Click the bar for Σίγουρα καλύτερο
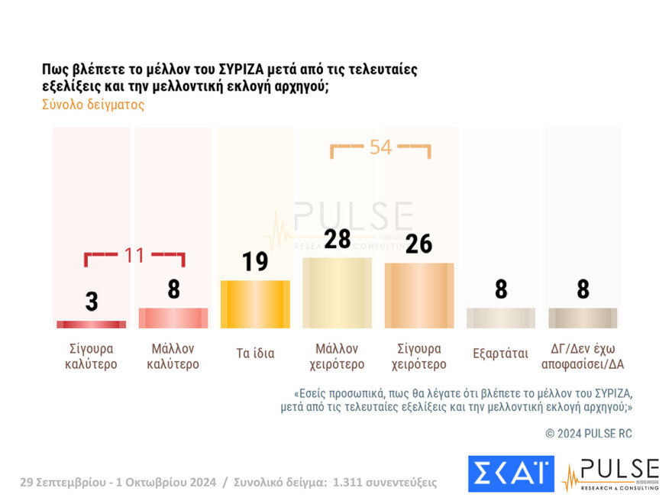(x=91, y=325)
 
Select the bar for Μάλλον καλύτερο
(x=173, y=318)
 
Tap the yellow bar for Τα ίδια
(x=255, y=304)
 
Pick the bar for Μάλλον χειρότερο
(x=337, y=292)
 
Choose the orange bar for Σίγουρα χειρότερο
(x=418, y=296)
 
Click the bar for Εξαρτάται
(x=500, y=318)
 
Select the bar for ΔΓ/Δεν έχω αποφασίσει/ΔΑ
(x=582, y=318)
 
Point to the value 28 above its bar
(x=337, y=239)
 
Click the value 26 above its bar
(x=418, y=244)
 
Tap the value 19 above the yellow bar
(x=255, y=262)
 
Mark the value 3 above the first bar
(x=91, y=302)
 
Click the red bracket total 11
(x=134, y=256)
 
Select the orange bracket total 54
(x=380, y=147)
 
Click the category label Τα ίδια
(x=255, y=354)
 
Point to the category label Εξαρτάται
(x=500, y=354)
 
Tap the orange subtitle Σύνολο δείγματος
(x=92, y=105)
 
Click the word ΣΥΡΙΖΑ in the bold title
(x=243, y=69)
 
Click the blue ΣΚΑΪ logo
(x=510, y=473)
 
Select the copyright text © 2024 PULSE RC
(x=589, y=434)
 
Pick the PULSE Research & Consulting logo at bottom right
(x=610, y=474)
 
